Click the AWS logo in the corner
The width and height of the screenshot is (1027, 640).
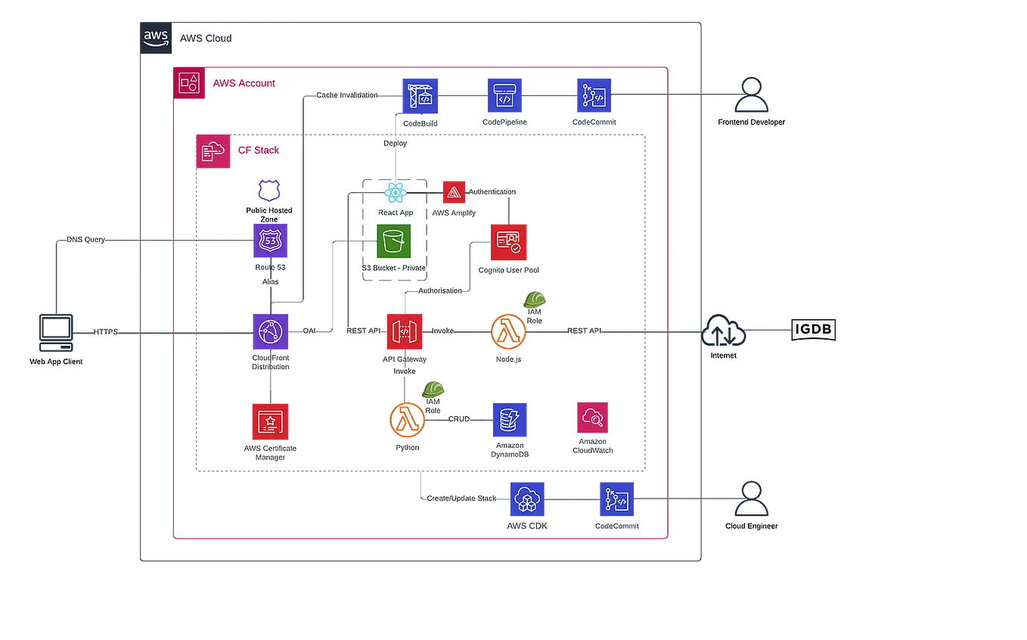click(155, 37)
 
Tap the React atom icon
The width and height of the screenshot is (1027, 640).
click(396, 193)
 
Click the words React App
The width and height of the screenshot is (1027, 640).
click(396, 213)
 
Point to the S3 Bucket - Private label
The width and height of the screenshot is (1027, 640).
click(394, 269)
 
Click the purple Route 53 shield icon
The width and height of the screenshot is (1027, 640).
click(270, 241)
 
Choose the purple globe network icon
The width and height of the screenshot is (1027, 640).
click(270, 331)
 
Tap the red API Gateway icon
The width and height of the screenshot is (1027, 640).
click(405, 331)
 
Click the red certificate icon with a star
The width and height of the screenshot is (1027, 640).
click(269, 421)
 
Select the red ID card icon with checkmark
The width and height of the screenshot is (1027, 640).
click(510, 241)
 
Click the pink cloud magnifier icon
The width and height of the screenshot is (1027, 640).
click(592, 417)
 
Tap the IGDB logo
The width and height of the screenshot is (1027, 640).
click(813, 330)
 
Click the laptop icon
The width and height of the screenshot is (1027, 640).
click(57, 332)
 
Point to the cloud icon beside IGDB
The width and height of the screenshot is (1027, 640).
click(724, 331)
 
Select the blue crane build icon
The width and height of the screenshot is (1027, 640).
click(419, 95)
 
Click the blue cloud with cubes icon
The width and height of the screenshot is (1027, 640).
click(527, 498)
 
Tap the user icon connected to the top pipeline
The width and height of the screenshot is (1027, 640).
click(752, 95)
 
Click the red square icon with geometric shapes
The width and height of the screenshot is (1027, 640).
click(188, 82)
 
